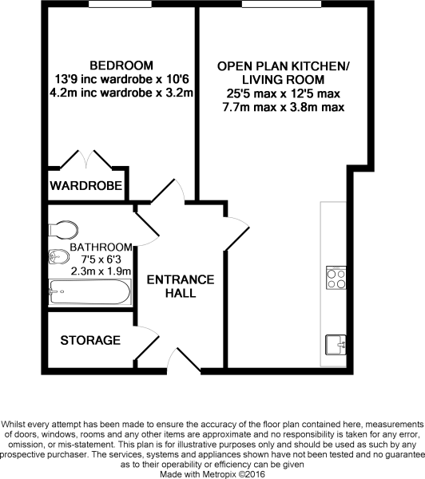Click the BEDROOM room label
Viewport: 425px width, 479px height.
[x=121, y=65]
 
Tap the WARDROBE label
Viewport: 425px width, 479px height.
[x=86, y=185]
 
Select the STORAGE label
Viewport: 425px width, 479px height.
[x=90, y=340]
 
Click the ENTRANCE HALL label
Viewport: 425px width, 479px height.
[x=181, y=287]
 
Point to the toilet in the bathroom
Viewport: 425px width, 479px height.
[x=63, y=229]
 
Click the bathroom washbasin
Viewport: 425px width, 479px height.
[x=59, y=257]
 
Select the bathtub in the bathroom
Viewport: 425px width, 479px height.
[x=90, y=292]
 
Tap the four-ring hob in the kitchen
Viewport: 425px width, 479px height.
[x=336, y=278]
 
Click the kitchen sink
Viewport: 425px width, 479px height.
[x=336, y=345]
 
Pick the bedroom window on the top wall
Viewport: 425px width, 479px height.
[x=120, y=4]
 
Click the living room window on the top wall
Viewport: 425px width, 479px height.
[x=281, y=4]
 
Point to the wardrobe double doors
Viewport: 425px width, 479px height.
[x=86, y=159]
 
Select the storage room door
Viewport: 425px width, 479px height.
[x=147, y=343]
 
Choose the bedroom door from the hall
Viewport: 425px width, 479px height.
[x=169, y=191]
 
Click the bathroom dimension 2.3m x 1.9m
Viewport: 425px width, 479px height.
[x=101, y=271]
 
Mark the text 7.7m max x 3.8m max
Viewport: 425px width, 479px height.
[x=284, y=107]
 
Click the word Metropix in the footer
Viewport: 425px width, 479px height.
[x=219, y=474]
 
